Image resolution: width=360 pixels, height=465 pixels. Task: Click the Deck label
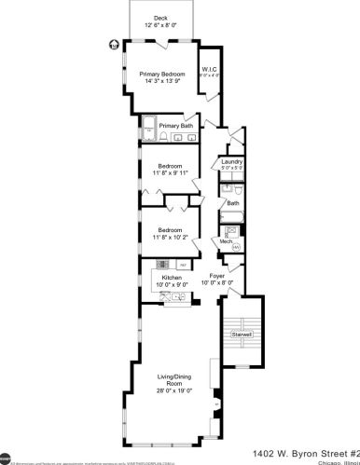160,18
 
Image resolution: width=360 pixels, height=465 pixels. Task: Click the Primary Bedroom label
160,75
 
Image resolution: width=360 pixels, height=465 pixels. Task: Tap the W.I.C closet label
210,69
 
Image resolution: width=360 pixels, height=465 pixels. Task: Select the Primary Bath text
175,126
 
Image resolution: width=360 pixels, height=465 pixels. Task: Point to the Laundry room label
232,161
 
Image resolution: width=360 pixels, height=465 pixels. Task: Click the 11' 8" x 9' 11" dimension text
170,172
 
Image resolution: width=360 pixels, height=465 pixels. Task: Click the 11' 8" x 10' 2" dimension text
170,237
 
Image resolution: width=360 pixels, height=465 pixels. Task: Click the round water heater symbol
236,247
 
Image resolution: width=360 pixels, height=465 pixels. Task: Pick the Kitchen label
172,278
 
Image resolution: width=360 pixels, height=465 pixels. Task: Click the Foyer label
216,277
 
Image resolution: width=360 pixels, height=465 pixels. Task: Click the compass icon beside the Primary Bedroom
115,42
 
